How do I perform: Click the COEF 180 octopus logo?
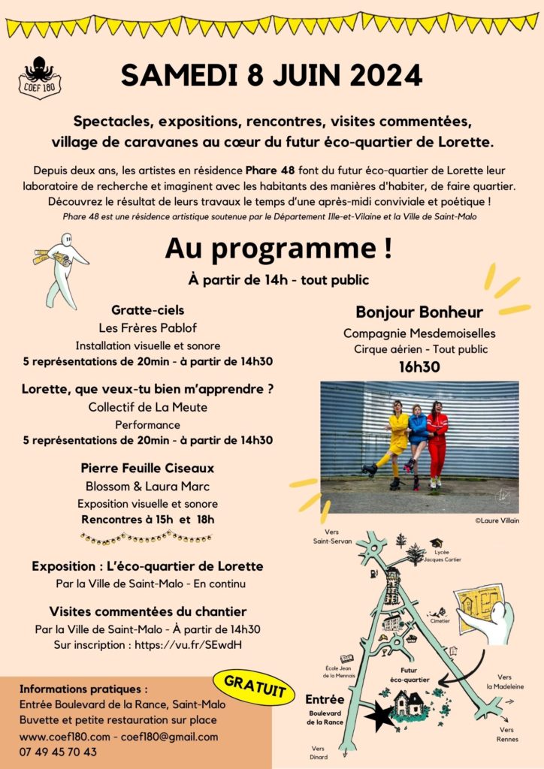40,77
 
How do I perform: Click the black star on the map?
381,716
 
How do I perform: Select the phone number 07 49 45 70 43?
58,752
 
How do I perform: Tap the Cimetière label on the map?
440,621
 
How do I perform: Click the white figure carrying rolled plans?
62,269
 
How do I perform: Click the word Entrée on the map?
325,699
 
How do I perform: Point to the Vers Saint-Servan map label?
332,537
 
